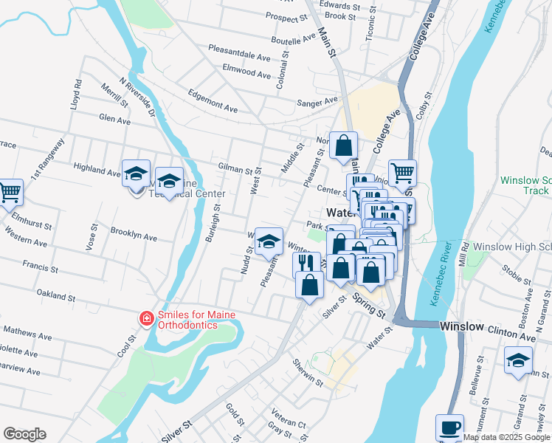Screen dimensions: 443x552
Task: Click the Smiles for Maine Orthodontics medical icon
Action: pyautogui.click(x=147, y=318)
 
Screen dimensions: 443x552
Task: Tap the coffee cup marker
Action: pyautogui.click(x=449, y=427)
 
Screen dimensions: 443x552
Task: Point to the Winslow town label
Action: pyautogui.click(x=463, y=326)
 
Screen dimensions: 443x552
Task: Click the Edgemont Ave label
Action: pyautogui.click(x=213, y=101)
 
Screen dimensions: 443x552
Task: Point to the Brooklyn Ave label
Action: pyautogui.click(x=134, y=234)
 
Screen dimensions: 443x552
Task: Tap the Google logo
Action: pyautogui.click(x=24, y=434)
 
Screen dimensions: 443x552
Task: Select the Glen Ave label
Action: pyautogui.click(x=114, y=120)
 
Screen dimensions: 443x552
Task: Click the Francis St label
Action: pyautogui.click(x=35, y=264)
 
